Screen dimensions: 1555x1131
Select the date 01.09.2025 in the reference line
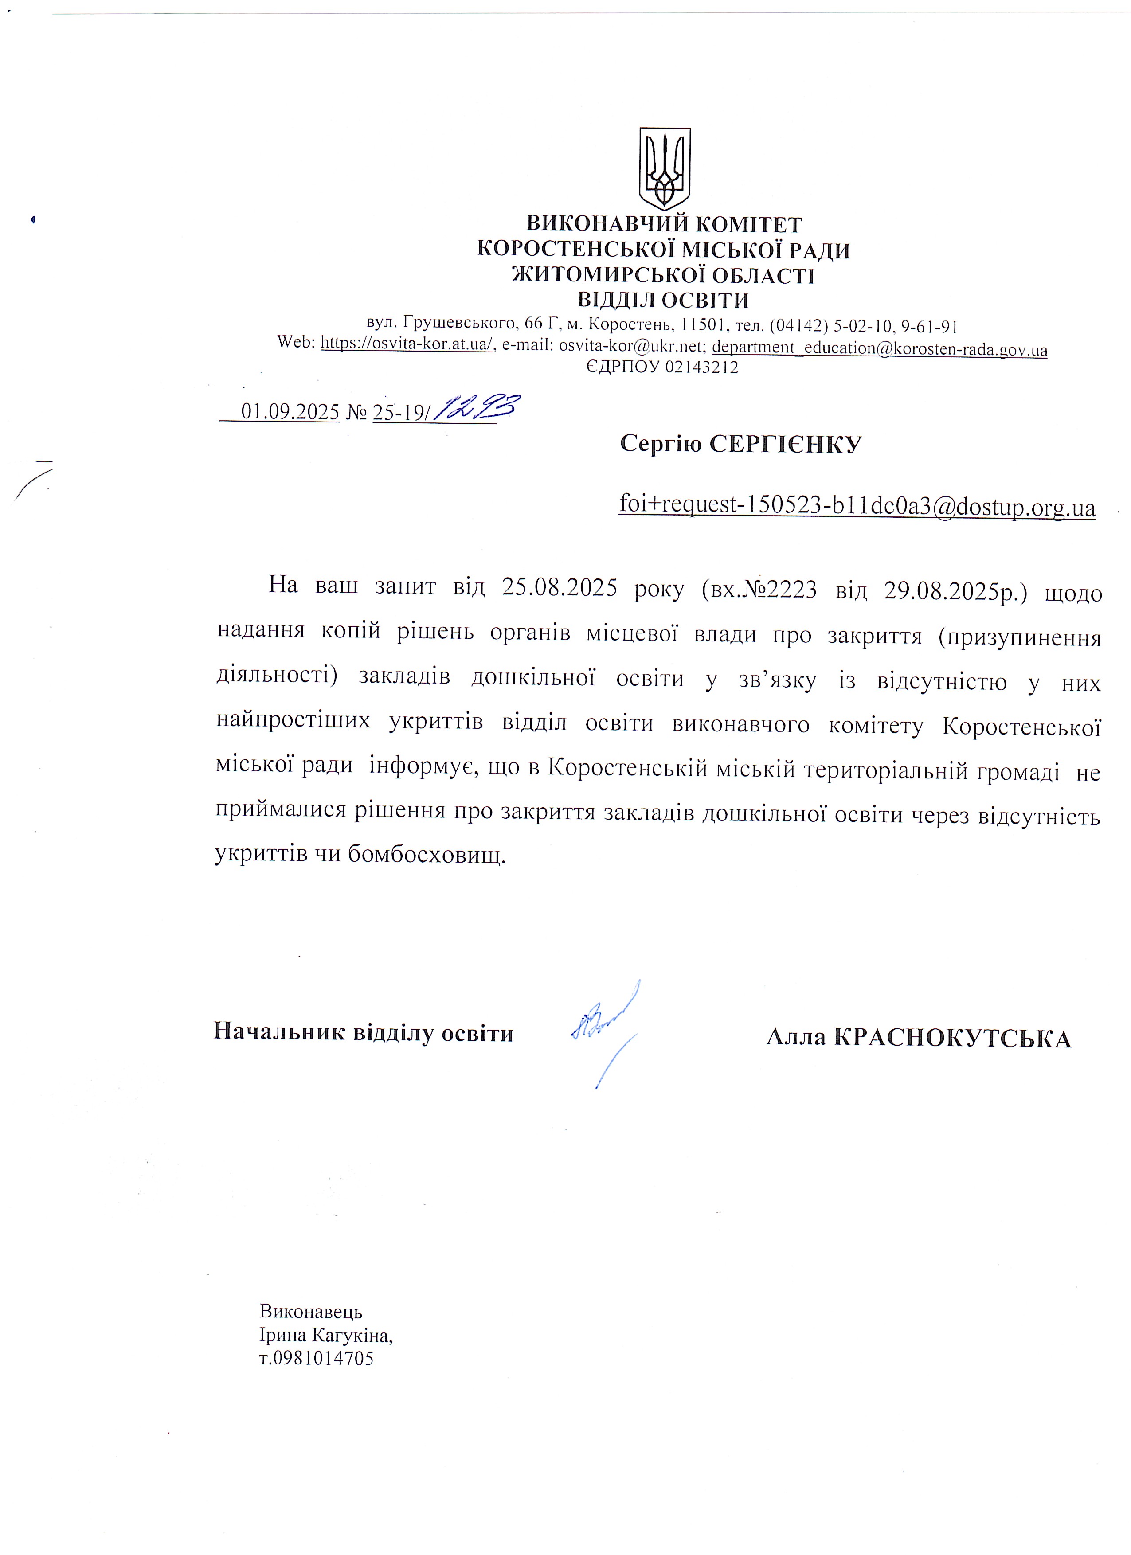click(290, 412)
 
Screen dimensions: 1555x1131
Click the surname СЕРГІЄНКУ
click(785, 444)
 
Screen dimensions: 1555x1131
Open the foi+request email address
click(857, 505)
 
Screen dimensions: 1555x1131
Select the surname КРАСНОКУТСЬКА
click(952, 1039)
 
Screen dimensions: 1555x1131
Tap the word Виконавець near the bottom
click(311, 1312)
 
